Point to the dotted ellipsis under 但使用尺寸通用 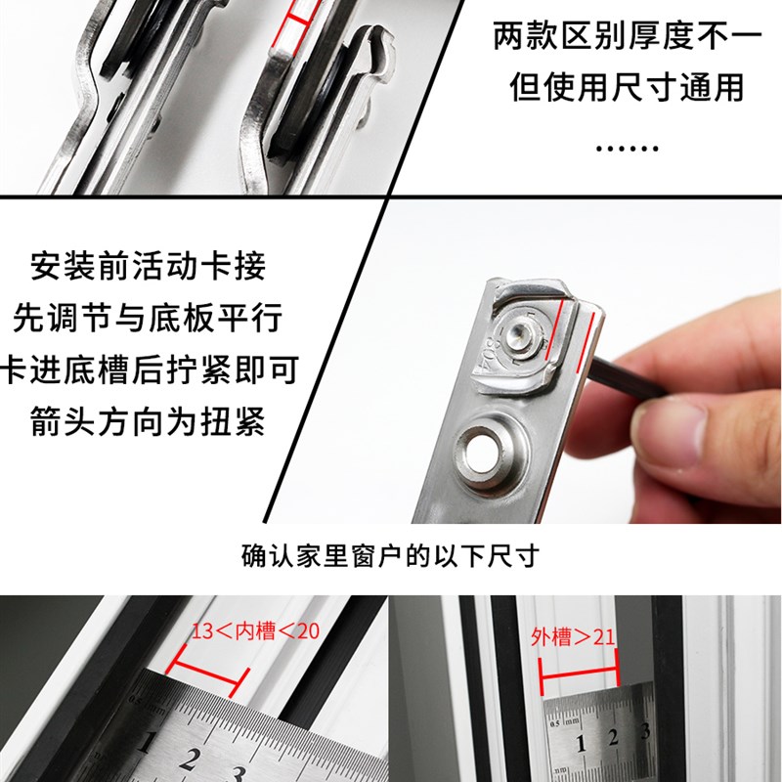[x=627, y=149]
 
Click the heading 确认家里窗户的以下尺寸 [x=391, y=557]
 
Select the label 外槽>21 [x=573, y=638]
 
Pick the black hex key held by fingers [x=626, y=375]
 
